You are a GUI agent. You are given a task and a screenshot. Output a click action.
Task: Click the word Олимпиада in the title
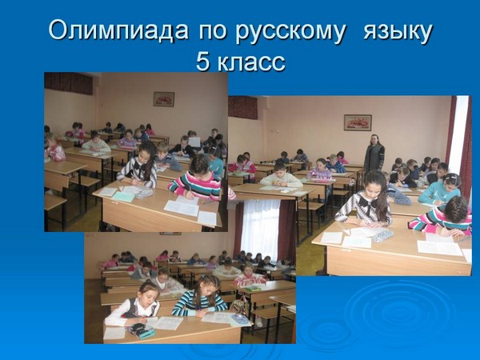(118, 30)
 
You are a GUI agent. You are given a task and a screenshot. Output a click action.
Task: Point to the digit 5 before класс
(202, 62)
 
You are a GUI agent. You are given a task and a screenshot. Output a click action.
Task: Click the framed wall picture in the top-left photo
(164, 99)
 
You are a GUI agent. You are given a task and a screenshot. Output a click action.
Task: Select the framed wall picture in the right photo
(358, 122)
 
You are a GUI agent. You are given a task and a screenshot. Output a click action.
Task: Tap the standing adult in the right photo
(374, 153)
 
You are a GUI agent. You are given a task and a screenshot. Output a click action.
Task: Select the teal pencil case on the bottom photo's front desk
(141, 330)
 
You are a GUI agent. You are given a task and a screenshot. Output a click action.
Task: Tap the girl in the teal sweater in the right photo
(440, 189)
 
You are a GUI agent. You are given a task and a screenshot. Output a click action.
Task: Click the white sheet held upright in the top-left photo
(194, 142)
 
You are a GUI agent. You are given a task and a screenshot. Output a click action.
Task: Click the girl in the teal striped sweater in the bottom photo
(201, 296)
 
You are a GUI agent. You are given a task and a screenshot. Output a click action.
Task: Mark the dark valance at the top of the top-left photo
(69, 83)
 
